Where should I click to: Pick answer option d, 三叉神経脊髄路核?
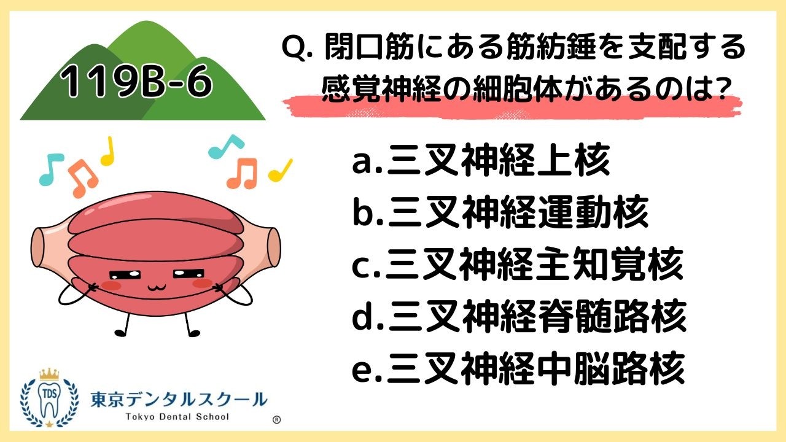[519, 317]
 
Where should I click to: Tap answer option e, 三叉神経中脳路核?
[519, 368]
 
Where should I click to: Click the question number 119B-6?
[136, 83]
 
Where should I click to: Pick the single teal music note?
[50, 169]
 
